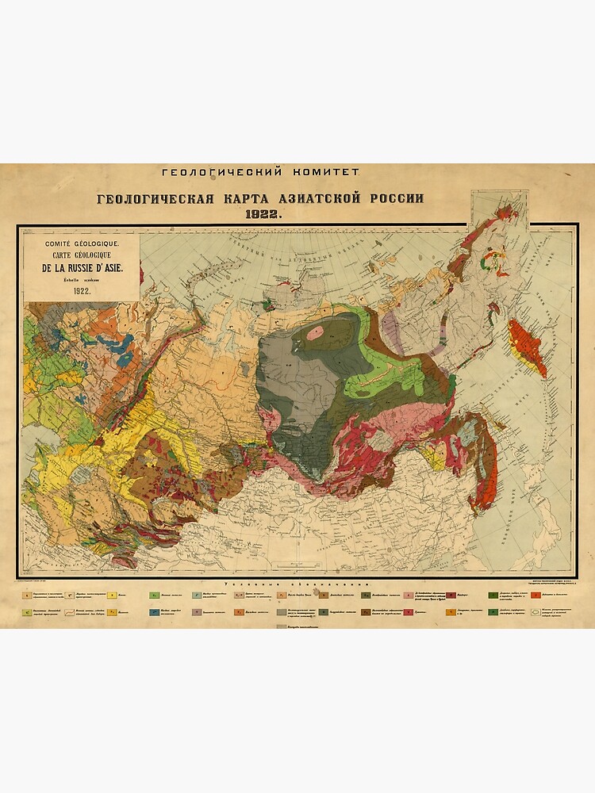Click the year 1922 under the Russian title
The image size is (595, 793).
[x=260, y=214]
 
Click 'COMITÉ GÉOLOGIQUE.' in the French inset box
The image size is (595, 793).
[x=82, y=242]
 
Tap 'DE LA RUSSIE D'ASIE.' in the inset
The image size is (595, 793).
[x=82, y=267]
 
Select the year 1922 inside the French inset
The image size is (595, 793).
[x=82, y=291]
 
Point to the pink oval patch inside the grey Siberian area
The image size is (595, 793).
[x=315, y=331]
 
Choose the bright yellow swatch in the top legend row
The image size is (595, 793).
[x=113, y=594]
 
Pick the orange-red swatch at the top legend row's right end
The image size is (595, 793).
[x=536, y=594]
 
